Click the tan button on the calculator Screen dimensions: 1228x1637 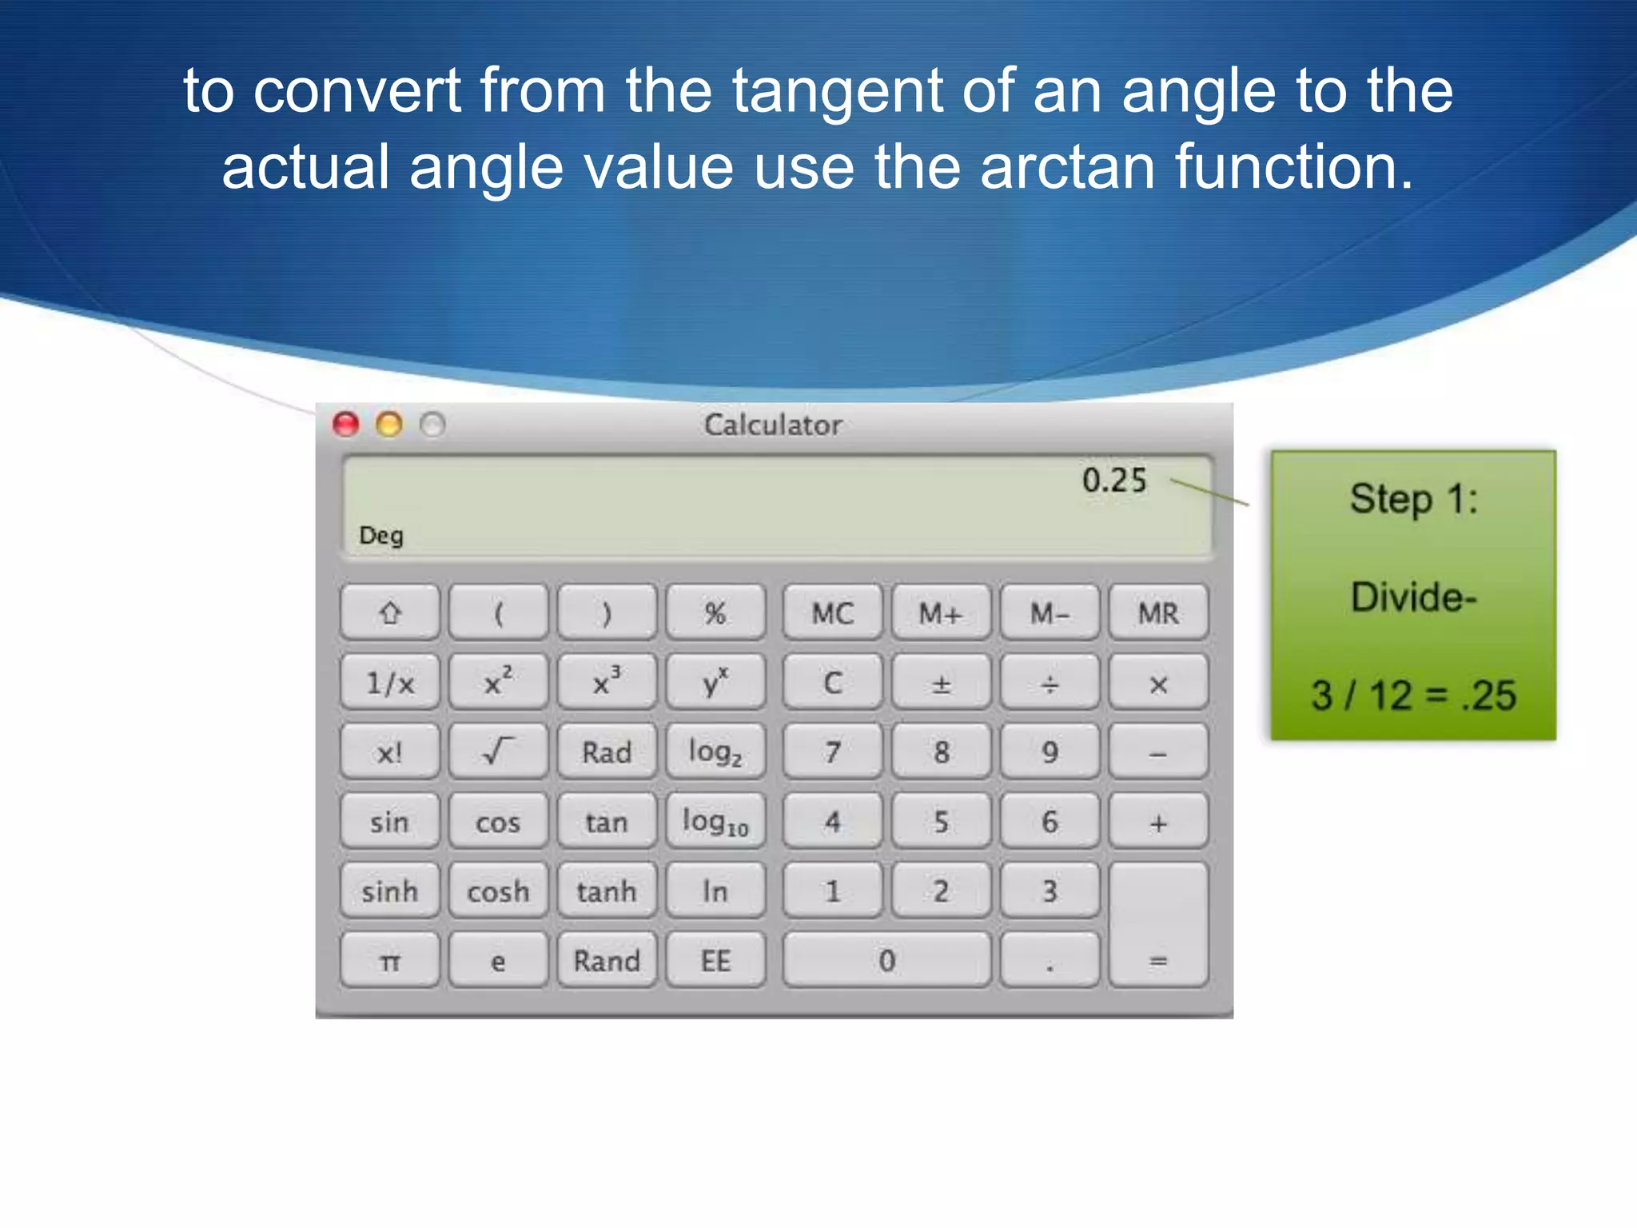coord(607,821)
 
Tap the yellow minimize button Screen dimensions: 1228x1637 coord(389,425)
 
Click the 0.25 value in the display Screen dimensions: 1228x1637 coord(1114,480)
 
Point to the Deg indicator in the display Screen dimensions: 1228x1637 coord(381,535)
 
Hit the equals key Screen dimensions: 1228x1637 coord(1158,925)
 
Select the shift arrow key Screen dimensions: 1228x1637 coord(390,613)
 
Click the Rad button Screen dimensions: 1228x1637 coord(607,752)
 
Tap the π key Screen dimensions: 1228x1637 coord(390,960)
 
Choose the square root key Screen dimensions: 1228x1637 coord(498,752)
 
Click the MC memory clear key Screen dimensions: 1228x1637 coord(833,613)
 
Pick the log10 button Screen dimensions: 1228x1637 coord(715,821)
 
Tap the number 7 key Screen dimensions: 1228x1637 coord(833,752)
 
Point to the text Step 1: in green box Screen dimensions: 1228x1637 coord(1413,499)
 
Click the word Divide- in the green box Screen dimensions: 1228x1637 coord(1413,596)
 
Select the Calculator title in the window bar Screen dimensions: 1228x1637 coord(773,425)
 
